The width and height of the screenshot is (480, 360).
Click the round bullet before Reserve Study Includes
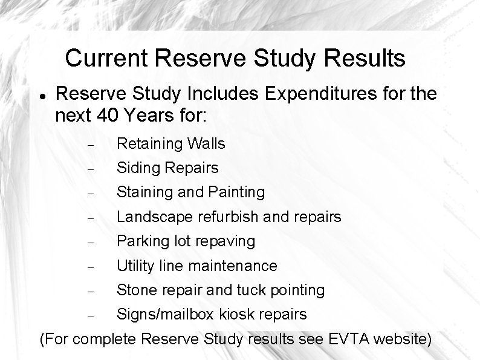(x=41, y=96)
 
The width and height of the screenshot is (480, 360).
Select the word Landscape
(x=153, y=217)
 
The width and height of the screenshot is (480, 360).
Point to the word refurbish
(x=224, y=217)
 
